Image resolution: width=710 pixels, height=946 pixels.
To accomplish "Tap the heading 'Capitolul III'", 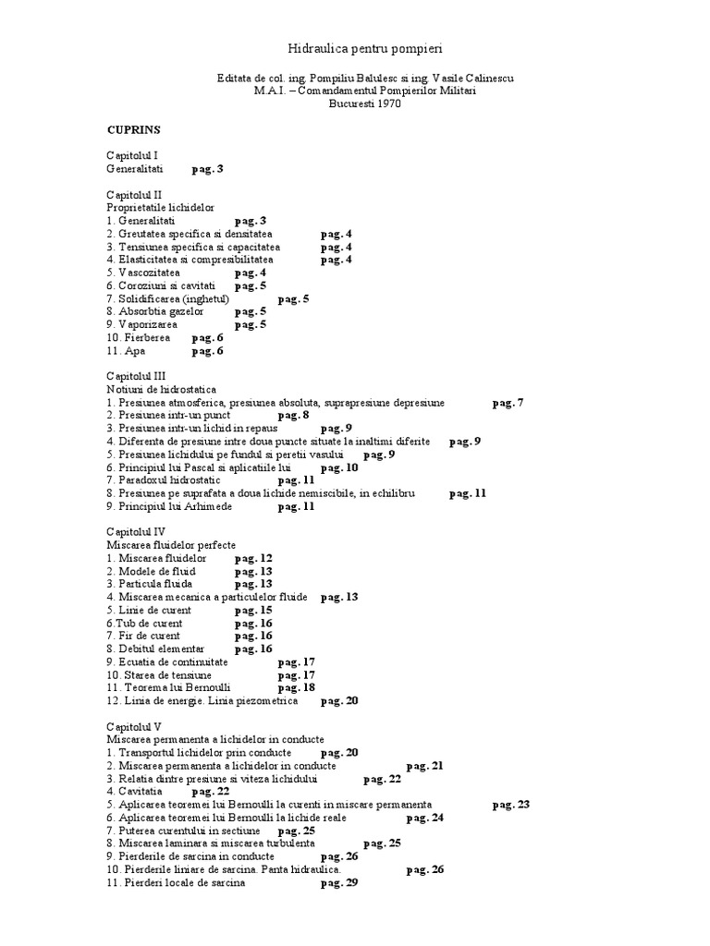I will [x=135, y=377].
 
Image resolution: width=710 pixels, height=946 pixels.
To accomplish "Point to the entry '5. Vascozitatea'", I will [x=143, y=273].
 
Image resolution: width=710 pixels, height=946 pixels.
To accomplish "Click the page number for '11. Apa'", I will [x=207, y=351].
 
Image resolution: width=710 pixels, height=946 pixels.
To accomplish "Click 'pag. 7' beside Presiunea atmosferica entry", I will [x=508, y=403].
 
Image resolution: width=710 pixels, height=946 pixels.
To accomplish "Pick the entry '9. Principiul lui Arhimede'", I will [x=169, y=506].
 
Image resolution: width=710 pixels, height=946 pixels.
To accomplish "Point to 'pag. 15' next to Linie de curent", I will [x=252, y=610].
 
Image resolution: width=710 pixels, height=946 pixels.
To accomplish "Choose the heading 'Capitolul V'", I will [x=134, y=726].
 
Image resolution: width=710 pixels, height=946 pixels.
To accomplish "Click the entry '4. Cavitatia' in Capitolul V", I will [x=134, y=791].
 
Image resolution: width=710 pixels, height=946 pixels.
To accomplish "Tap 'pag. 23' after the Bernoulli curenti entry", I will [x=510, y=804].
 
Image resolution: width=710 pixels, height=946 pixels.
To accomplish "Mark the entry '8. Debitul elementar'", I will [x=155, y=649].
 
